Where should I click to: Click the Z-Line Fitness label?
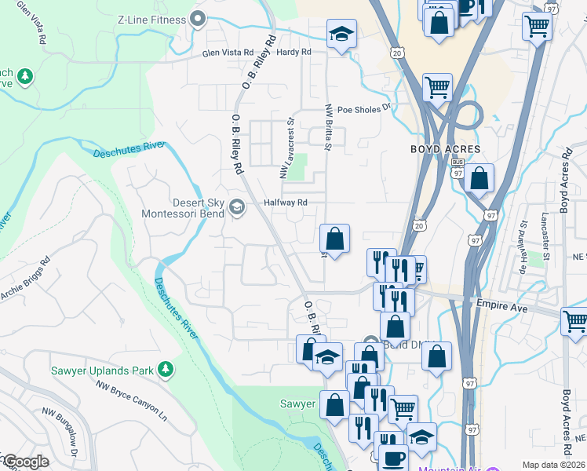152,19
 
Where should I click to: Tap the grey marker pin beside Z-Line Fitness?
197,19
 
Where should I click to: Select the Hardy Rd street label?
294,52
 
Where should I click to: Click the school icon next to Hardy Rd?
341,34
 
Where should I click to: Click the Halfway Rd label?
284,202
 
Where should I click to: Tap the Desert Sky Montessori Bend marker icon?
236,207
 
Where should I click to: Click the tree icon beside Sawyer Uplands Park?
165,369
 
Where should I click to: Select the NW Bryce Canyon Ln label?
131,402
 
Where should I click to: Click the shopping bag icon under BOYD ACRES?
479,178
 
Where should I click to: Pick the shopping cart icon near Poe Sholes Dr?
437,86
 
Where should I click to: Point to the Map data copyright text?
553,465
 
